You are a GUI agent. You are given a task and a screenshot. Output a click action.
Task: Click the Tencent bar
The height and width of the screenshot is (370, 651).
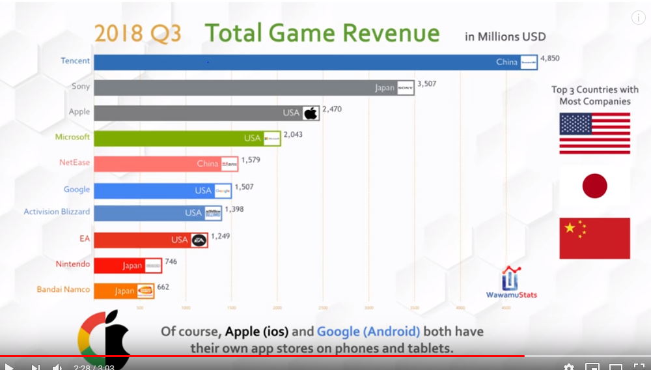[293, 62]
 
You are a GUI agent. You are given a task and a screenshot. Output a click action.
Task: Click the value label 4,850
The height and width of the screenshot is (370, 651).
[549, 59]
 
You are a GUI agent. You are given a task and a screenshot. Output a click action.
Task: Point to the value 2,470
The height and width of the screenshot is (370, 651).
[332, 109]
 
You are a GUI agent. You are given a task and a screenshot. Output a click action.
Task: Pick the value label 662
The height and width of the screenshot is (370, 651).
[163, 287]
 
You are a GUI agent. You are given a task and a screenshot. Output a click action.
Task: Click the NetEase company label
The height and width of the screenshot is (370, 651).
[74, 162]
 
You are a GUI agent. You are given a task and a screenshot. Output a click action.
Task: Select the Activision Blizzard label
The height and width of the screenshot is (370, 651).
[57, 212]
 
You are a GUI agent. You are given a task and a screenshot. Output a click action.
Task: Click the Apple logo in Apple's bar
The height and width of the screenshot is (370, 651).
[311, 113]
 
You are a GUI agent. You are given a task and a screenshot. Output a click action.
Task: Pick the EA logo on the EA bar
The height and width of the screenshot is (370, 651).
[199, 240]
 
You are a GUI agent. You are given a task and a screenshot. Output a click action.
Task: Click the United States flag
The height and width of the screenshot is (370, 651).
[594, 133]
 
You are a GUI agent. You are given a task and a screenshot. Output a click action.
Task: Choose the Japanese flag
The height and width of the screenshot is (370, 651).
[594, 186]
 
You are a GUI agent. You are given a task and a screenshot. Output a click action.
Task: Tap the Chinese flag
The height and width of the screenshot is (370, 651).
[594, 238]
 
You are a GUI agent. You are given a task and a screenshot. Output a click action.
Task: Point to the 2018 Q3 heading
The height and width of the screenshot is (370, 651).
[137, 33]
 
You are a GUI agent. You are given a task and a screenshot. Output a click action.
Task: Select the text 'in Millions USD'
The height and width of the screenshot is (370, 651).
[505, 36]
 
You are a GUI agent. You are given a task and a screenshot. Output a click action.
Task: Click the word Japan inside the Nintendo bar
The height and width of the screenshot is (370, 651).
[132, 266]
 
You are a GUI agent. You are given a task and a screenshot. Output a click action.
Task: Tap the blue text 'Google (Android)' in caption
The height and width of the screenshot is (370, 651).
[368, 332]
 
